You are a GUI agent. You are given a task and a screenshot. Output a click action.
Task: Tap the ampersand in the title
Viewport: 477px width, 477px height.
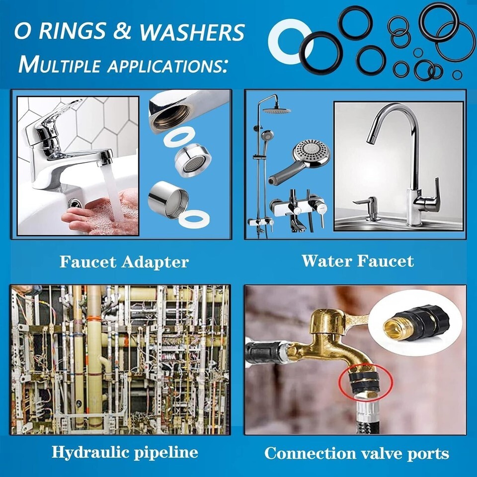(122, 31)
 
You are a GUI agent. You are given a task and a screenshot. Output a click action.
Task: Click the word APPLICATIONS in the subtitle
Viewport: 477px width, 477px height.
(167, 65)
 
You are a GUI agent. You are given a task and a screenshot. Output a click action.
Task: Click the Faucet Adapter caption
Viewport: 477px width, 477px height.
(124, 262)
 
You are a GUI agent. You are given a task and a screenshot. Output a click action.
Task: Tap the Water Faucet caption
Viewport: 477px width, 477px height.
(358, 261)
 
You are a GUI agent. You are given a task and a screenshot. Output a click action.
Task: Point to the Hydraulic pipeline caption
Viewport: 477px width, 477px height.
(125, 452)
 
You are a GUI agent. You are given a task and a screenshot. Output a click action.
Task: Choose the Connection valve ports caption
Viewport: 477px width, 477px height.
(357, 453)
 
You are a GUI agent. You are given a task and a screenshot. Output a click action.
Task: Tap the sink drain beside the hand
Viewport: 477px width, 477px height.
(74, 203)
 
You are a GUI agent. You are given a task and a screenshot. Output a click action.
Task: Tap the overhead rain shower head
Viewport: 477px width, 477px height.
(277, 111)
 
